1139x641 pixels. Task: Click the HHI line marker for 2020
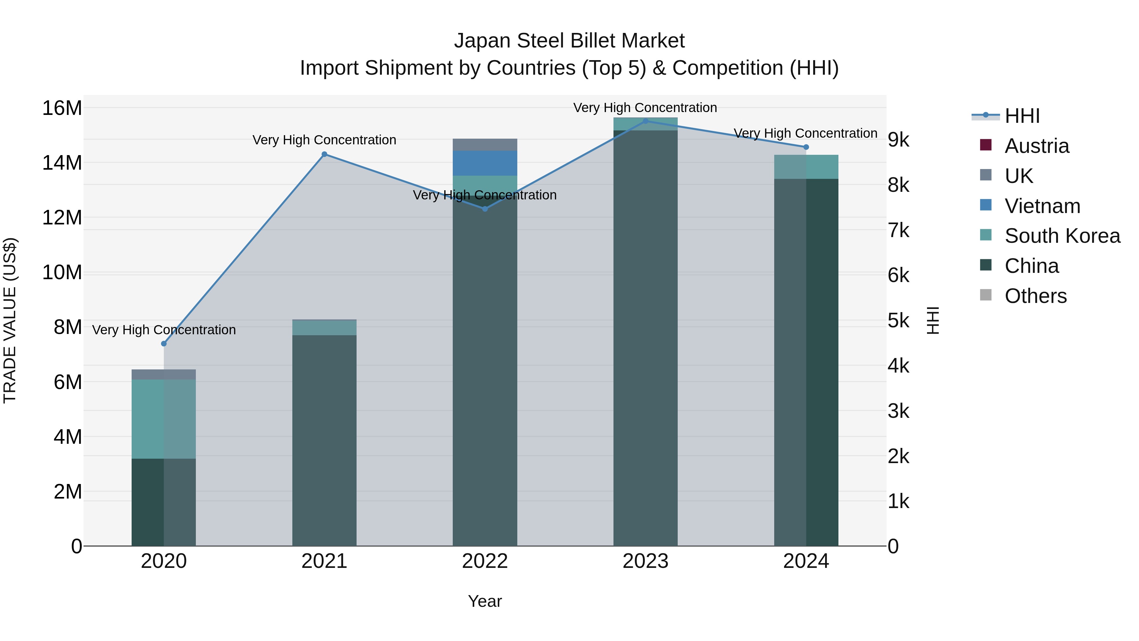tap(164, 344)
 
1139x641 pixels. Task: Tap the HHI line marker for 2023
tap(645, 121)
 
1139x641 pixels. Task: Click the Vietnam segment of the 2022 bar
tap(485, 163)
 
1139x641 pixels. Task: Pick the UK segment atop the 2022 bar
tap(485, 145)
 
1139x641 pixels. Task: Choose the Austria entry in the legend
tap(1036, 146)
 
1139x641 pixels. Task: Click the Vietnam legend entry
tap(1042, 206)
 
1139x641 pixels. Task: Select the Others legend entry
tap(1035, 296)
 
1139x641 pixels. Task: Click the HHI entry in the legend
tap(1022, 116)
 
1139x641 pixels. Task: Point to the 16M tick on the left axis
tap(62, 108)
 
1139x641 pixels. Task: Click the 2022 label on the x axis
tap(485, 561)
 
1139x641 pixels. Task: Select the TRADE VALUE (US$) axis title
tap(10, 320)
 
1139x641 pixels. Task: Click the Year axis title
tap(485, 601)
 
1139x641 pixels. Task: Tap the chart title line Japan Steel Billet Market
tap(569, 41)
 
